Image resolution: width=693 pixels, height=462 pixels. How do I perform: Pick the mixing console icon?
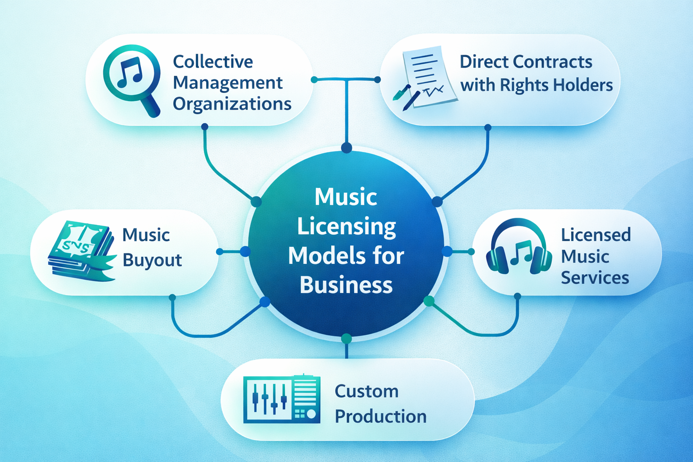pyautogui.click(x=282, y=399)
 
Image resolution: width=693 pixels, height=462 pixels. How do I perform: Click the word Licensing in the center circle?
pyautogui.click(x=346, y=227)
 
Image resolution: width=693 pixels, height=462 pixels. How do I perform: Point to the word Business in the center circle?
pyautogui.click(x=346, y=285)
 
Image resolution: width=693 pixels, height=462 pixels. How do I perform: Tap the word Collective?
pyautogui.click(x=213, y=62)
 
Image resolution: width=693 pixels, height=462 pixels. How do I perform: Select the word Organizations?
pyautogui.click(x=232, y=104)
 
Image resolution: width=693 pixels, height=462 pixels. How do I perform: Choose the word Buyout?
pyautogui.click(x=152, y=260)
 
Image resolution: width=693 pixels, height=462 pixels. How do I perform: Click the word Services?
pyautogui.click(x=595, y=278)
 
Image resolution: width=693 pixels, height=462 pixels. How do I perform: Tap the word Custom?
pyautogui.click(x=366, y=391)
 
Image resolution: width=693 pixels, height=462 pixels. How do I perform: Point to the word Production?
pyautogui.click(x=380, y=416)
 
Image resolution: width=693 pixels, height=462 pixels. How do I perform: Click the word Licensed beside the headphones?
pyautogui.click(x=596, y=235)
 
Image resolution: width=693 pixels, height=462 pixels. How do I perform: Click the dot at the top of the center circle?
pyautogui.click(x=346, y=148)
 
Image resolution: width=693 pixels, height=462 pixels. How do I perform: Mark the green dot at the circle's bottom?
pyautogui.click(x=346, y=338)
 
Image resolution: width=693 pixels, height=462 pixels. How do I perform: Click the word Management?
pyautogui.click(x=227, y=83)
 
